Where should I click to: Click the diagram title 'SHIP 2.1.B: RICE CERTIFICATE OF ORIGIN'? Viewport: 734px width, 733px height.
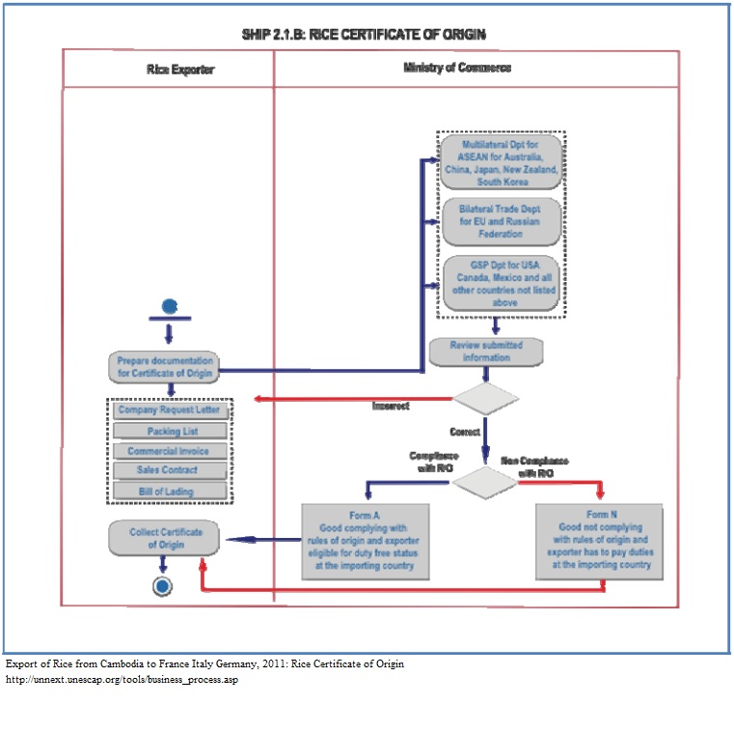tap(365, 35)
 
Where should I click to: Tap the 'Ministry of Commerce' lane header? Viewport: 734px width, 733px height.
tap(456, 68)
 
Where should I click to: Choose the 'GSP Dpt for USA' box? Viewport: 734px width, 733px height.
tap(499, 281)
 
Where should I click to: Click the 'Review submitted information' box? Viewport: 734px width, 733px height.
tap(485, 351)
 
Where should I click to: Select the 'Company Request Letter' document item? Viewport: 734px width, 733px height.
tap(169, 410)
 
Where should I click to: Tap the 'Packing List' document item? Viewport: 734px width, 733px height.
tap(170, 431)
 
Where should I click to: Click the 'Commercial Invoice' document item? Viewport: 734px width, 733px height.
tap(169, 451)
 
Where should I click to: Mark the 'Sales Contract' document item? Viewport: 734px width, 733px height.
tap(169, 470)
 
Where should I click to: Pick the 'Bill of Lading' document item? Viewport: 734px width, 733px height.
tap(169, 492)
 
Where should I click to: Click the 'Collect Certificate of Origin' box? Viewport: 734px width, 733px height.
tap(161, 538)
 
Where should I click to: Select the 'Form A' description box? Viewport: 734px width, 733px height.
tap(365, 541)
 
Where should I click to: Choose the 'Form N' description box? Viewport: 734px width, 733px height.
tap(598, 541)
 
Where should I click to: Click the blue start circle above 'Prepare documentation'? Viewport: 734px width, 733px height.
tap(170, 306)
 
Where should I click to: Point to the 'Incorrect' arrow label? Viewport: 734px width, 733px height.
tap(391, 406)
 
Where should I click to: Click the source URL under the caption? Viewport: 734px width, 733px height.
tap(122, 680)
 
